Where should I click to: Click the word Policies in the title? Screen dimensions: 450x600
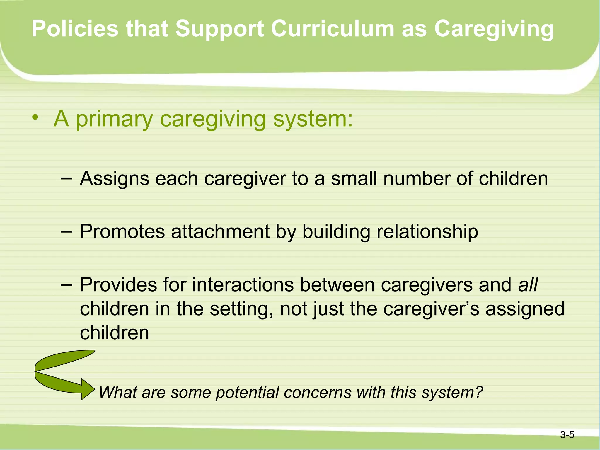tap(75, 29)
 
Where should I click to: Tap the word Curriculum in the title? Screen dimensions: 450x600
tap(332, 29)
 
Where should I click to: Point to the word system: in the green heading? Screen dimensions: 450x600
tap(313, 119)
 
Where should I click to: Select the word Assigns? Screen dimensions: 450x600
tap(114, 179)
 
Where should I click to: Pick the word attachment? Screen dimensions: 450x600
tap(220, 232)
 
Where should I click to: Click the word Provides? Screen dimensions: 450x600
tap(118, 285)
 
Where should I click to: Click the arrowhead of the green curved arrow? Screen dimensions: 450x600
tap(88, 389)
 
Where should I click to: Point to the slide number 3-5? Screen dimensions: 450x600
tap(567, 435)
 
